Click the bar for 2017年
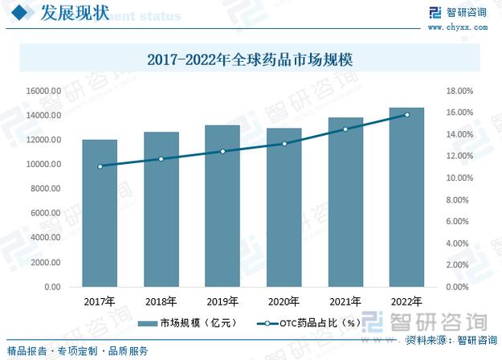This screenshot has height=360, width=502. coord(100,213)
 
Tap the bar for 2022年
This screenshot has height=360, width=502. coord(406,197)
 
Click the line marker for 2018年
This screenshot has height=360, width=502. coord(161,158)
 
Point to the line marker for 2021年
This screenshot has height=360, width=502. coord(345,129)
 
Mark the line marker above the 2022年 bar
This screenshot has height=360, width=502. coord(406,115)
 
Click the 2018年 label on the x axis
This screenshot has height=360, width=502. coord(161,301)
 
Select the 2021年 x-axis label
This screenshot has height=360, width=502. coord(345,301)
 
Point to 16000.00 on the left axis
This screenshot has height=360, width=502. coord(43,91)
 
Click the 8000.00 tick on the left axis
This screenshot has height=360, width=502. coord(45,189)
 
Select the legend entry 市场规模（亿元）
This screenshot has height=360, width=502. coord(186,322)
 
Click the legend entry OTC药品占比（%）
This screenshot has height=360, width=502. coord(308,322)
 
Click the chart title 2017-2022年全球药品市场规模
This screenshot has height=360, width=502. coord(251,59)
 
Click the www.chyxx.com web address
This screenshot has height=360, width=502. coord(464,27)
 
